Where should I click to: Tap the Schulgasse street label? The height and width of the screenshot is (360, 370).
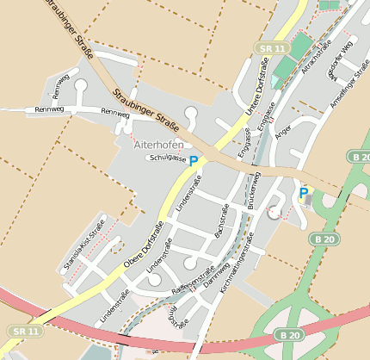coord(167,158)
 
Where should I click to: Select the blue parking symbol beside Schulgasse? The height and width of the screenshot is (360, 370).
coord(194,161)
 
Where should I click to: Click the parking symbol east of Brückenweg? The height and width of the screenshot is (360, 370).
coord(303,194)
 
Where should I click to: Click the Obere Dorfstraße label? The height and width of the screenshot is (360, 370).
coord(145,242)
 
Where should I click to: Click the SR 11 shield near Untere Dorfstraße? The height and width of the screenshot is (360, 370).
coord(270,50)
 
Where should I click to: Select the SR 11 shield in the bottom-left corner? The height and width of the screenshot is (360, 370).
coord(26,331)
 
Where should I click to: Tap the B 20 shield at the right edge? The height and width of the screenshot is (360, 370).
coord(360,156)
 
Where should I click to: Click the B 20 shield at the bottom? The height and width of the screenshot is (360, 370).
coord(290,334)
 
